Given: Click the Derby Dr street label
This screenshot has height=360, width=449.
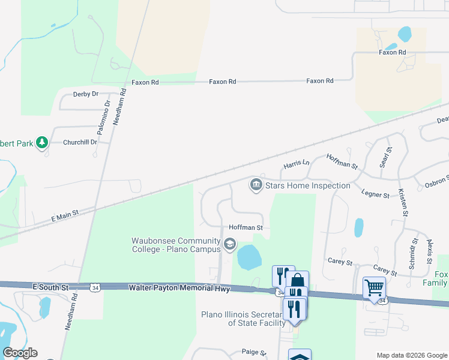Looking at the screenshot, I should pos(85,94).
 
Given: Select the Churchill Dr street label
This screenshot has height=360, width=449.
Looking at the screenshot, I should pos(80,142).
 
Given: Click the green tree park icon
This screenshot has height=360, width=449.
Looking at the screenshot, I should pos(41,142).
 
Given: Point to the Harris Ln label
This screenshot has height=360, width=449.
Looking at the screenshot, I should pos(296,163).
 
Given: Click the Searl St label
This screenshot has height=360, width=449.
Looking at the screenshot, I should pos(382,157).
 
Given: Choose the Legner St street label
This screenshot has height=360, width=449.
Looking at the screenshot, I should pos(376,193).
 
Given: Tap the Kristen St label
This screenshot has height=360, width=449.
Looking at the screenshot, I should pos(403,202).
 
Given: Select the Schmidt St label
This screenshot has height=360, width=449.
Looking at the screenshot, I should pos(414,249).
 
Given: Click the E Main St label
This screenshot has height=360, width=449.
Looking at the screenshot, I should pos(65,217).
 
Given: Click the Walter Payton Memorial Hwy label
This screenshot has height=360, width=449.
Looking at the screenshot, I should pos(179,289).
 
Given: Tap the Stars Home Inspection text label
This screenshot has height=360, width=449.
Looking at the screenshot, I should pos(307,185).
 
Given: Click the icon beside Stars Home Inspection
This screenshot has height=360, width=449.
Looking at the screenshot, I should pos(256,184).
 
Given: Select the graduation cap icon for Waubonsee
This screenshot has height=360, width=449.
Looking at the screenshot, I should pos(229,245).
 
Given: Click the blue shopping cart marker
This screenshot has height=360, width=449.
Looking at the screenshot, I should pos(374,288).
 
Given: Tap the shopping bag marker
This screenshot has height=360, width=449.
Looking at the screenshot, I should pos(297,281).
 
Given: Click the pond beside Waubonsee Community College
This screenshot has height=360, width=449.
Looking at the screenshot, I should pos(249,257).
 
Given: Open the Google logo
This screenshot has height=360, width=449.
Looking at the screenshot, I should pos(20,353).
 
